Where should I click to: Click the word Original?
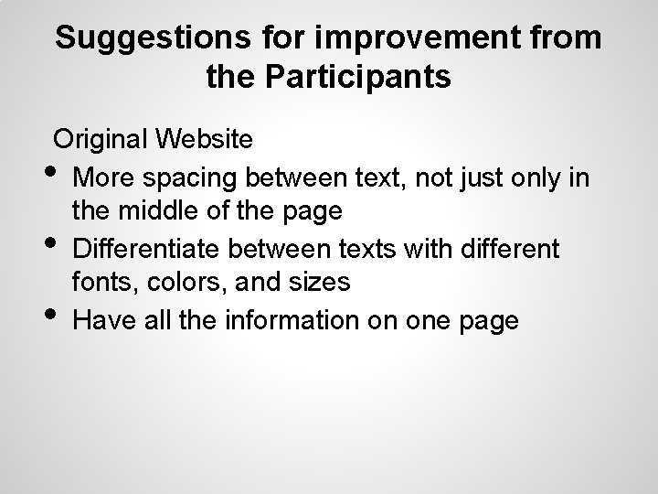[x=101, y=140]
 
